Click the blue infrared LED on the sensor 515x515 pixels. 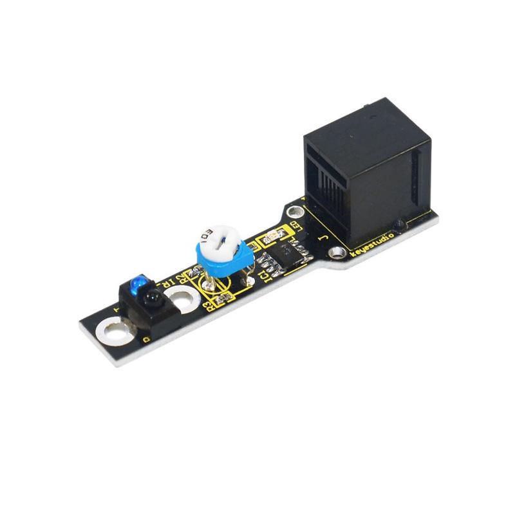click(x=136, y=283)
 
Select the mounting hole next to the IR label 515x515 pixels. click(x=183, y=297)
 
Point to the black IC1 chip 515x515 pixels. click(x=284, y=252)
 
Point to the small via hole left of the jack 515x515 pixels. click(x=295, y=211)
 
